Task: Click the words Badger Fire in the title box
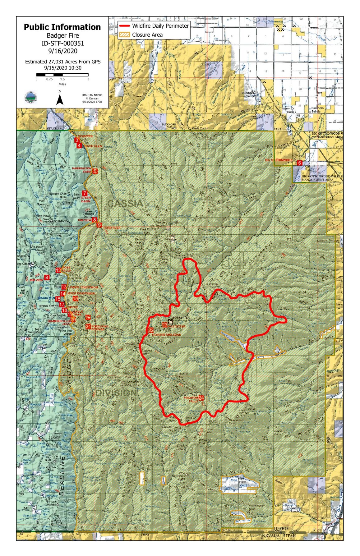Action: (62, 36)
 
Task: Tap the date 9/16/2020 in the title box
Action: (62, 51)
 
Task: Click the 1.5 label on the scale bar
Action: (62, 79)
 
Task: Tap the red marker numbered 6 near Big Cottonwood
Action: (299, 163)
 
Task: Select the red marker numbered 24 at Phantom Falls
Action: (201, 397)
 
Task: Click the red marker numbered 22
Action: (151, 330)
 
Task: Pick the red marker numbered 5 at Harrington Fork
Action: (95, 171)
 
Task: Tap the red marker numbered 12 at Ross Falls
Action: (58, 270)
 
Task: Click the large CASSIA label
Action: (125, 204)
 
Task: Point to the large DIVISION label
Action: (116, 393)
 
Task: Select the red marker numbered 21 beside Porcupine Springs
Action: (88, 326)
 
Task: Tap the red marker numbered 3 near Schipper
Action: (76, 140)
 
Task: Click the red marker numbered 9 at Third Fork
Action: (99, 225)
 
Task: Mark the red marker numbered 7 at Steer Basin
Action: (85, 193)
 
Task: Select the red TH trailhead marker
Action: (88, 318)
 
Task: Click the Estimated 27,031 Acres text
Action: (62, 62)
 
